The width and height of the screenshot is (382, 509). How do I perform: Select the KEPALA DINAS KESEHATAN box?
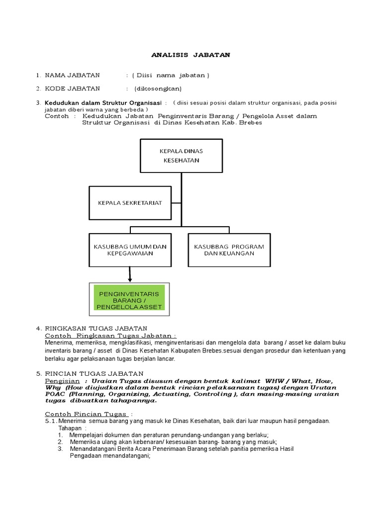click(x=181, y=155)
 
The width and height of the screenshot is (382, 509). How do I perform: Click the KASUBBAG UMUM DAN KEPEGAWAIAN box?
click(x=130, y=250)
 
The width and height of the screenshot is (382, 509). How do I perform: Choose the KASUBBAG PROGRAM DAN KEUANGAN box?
click(x=229, y=250)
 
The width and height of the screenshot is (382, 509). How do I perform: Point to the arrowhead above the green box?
click(x=130, y=280)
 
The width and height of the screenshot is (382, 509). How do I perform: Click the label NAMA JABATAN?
click(x=72, y=76)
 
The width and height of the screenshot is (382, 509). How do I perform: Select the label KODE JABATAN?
click(x=72, y=89)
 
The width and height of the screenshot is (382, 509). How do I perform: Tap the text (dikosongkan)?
click(x=158, y=89)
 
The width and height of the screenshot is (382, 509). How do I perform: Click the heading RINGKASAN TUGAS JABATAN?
click(x=96, y=329)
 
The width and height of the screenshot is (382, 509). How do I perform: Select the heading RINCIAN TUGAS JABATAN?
click(x=94, y=373)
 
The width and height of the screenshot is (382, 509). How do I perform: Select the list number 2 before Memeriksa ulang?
click(x=60, y=441)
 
